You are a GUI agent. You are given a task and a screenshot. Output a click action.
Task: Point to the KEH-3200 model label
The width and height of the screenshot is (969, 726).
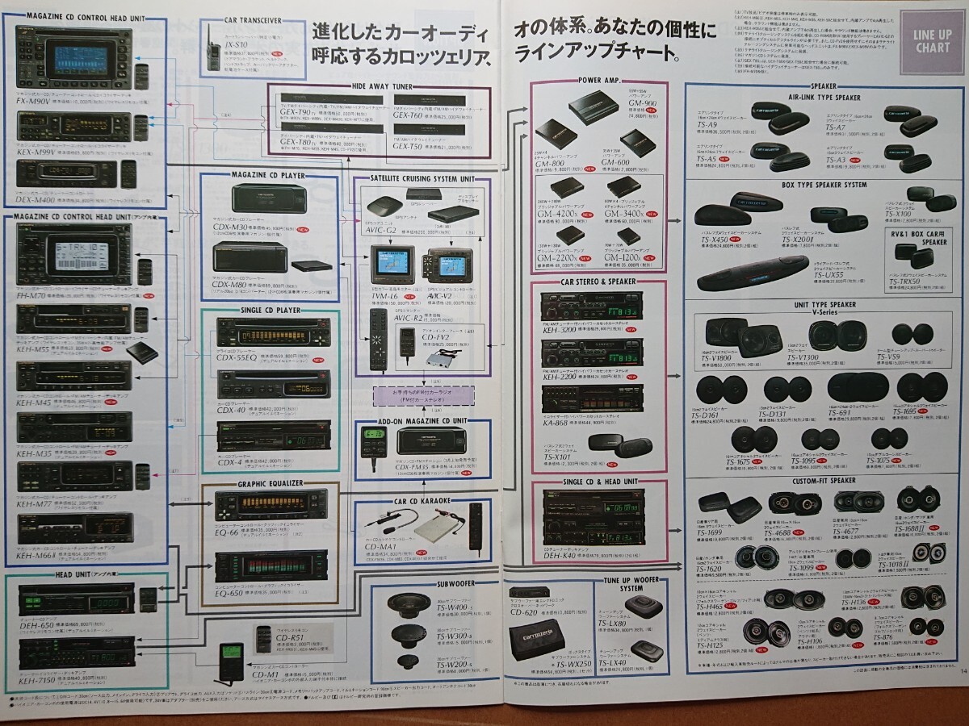click(x=561, y=330)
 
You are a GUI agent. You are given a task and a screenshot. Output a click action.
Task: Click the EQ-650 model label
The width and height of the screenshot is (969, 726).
click(x=236, y=590)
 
